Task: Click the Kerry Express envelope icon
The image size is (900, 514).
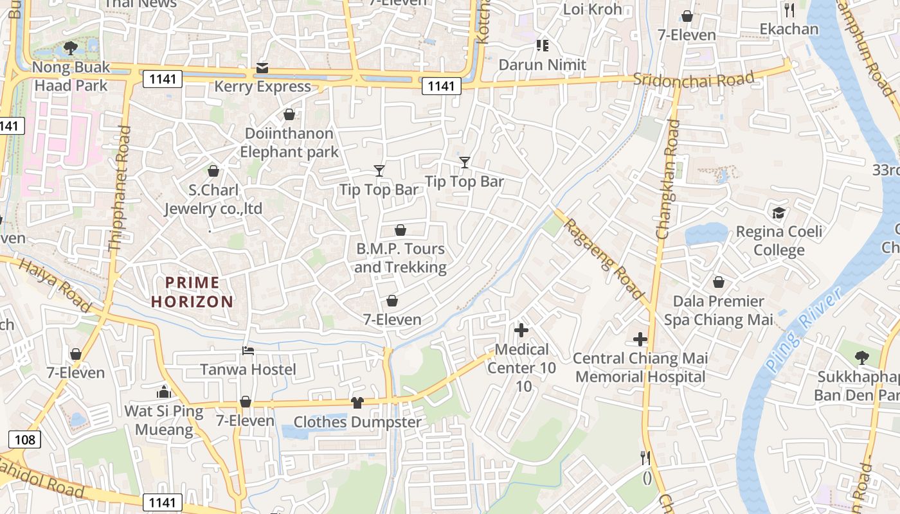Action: [x=262, y=68]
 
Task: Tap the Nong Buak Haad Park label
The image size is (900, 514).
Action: [x=71, y=76]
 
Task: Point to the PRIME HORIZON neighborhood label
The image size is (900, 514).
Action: [x=192, y=292]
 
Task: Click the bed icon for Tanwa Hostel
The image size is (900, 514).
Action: [x=248, y=351]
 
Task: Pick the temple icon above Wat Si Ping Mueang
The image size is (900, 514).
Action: [x=163, y=391]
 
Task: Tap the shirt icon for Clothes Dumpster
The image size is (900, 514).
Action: [x=357, y=403]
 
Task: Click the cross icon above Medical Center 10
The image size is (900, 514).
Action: [x=521, y=330]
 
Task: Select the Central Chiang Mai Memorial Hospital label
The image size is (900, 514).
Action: [x=640, y=368]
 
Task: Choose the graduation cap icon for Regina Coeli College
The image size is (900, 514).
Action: [x=779, y=213]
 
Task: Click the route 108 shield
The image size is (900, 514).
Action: [x=24, y=439]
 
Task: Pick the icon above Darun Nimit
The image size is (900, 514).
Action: [x=543, y=45]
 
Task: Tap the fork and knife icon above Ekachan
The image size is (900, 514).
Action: [x=789, y=10]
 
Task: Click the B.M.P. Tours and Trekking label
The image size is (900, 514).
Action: [x=400, y=258]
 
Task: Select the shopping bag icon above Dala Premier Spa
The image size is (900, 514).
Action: [x=718, y=282]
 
